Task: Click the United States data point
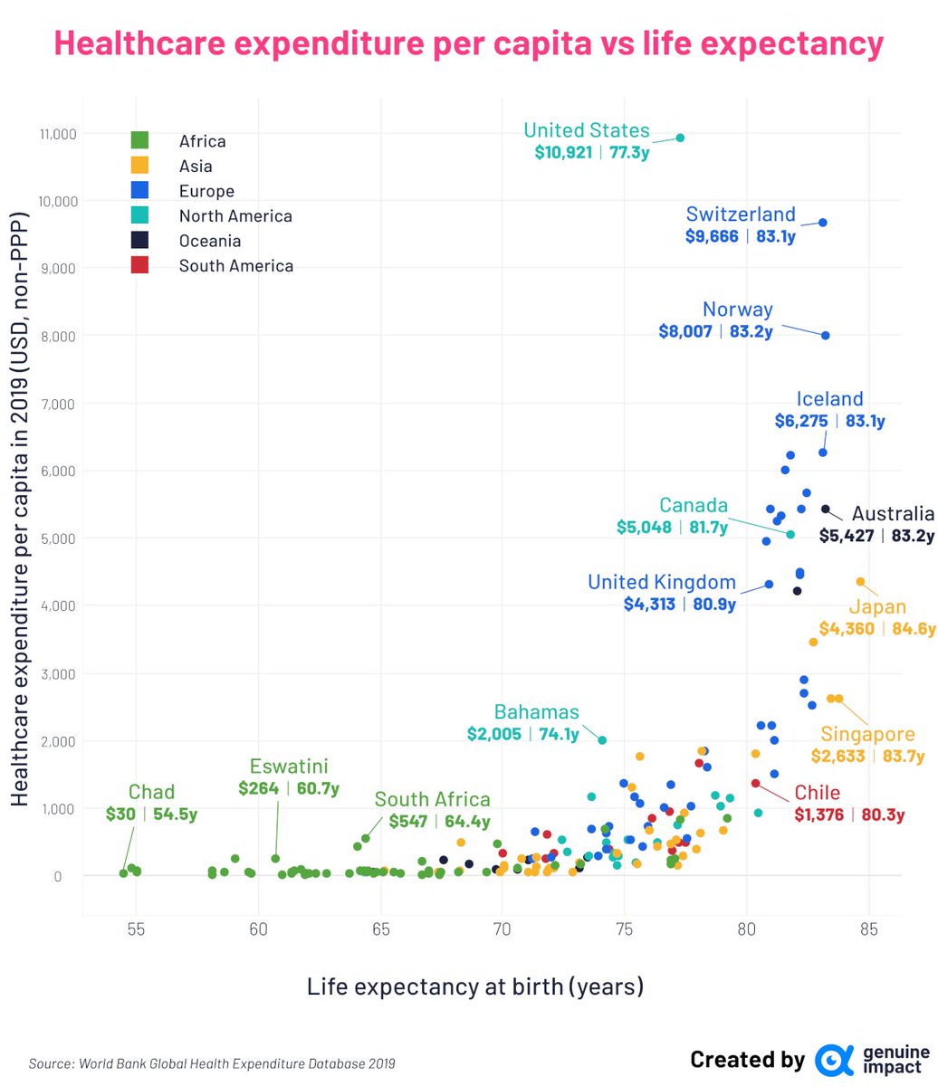680,138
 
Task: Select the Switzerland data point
822,223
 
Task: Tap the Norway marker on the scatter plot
825,336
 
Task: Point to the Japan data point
860,582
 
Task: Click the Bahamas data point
601,740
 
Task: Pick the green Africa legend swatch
139,141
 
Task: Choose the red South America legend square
139,266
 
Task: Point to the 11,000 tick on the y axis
56,134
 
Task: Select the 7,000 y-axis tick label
60,404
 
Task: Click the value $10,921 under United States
563,151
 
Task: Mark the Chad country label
151,793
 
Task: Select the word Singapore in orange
867,734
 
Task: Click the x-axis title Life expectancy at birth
474,986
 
